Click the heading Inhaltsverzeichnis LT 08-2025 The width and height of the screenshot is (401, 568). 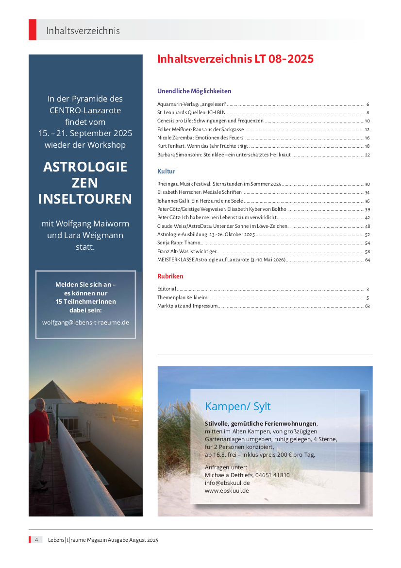tap(235, 59)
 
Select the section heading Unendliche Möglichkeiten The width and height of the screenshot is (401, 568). tap(194, 91)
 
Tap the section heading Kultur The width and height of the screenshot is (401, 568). tap(166, 172)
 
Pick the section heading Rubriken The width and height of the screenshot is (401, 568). tap(170, 276)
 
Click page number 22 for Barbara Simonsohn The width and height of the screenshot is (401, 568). tap(368, 155)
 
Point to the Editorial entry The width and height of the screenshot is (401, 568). tap(167, 289)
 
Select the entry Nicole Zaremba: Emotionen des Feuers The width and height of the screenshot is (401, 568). tap(200, 138)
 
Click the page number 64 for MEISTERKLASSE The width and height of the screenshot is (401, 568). tap(368, 260)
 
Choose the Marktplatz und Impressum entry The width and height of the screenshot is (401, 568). tap(187, 306)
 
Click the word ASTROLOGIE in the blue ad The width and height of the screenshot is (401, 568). tap(85, 167)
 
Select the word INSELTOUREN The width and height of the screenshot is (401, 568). tap(85, 199)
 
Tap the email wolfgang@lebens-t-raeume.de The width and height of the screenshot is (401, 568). tap(85, 322)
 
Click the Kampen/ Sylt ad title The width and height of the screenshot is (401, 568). tap(238, 406)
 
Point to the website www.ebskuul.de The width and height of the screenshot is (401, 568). tap(227, 491)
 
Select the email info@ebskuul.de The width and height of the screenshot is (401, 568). tap(227, 483)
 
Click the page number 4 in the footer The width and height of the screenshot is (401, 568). tap(35, 540)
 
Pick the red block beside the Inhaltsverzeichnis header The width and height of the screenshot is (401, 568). tap(33, 30)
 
